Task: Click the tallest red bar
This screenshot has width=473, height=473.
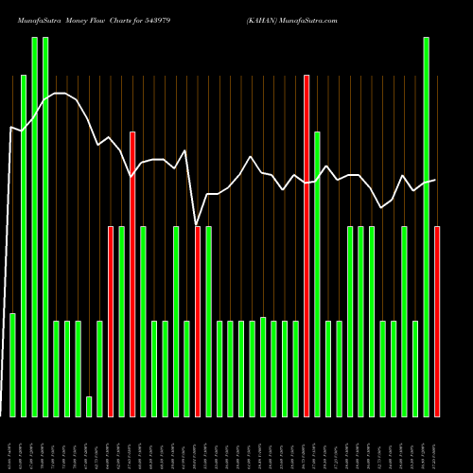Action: [307, 246]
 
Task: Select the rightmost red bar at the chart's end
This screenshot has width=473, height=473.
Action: [437, 322]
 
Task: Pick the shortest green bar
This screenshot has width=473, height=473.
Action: [89, 407]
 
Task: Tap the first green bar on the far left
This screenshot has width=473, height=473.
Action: [12, 364]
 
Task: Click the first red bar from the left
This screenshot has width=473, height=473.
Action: [111, 322]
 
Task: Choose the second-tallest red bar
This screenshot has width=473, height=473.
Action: [132, 274]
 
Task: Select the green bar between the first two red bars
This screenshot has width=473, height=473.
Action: [121, 322]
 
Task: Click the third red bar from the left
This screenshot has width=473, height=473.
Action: [198, 322]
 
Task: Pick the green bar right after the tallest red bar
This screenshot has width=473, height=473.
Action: [318, 274]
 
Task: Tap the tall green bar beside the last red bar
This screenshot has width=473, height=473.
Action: [427, 227]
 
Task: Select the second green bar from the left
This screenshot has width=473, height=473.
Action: [24, 246]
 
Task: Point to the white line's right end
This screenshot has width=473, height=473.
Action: [435, 180]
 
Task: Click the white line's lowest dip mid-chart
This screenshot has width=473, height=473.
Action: [196, 224]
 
